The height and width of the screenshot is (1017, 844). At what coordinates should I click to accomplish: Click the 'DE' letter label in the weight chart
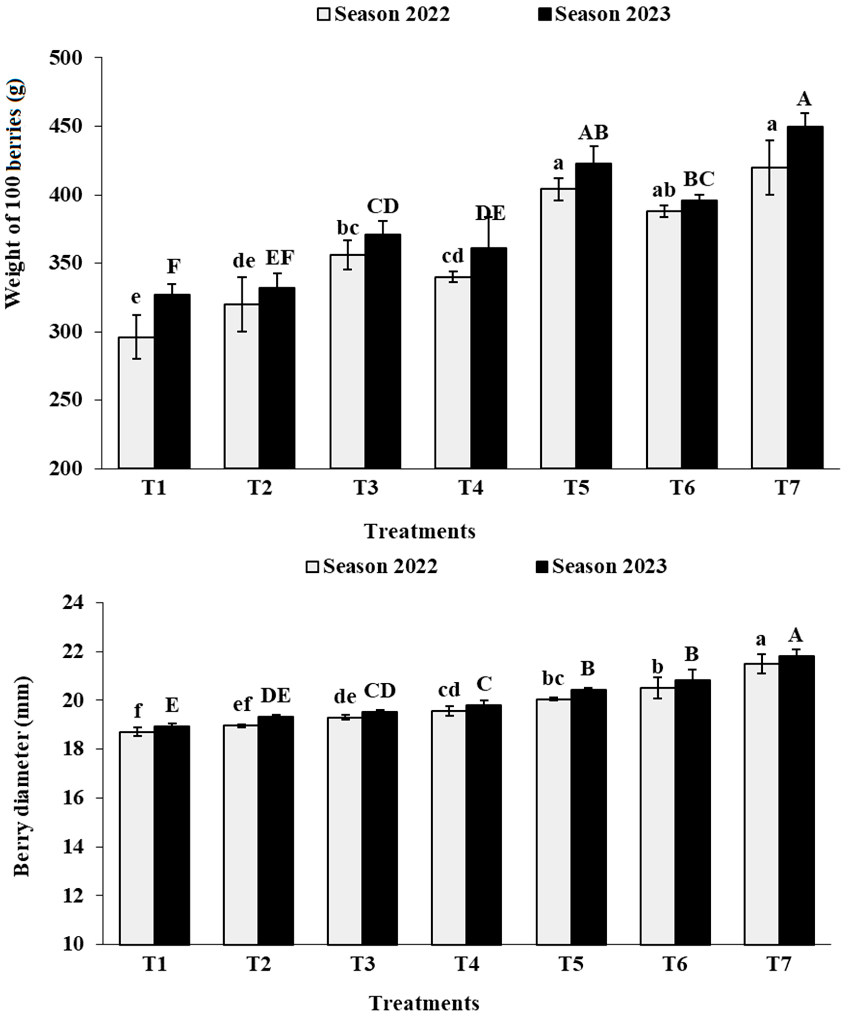coord(490,213)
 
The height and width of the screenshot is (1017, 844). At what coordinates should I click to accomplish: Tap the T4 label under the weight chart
coord(471,488)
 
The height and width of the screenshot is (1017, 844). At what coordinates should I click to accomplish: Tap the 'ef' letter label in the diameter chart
coord(242,704)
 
